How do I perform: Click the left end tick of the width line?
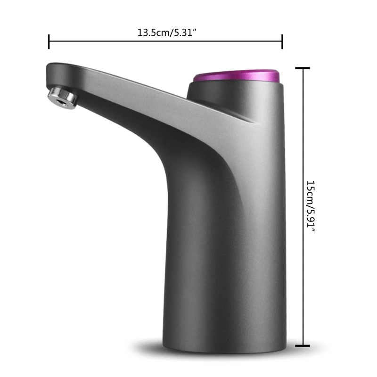[49, 41]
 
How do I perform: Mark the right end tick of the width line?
[282, 41]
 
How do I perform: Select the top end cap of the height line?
[302, 68]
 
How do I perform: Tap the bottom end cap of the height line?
[302, 346]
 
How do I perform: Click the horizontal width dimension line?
[118, 41]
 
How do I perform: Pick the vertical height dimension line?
[302, 141]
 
